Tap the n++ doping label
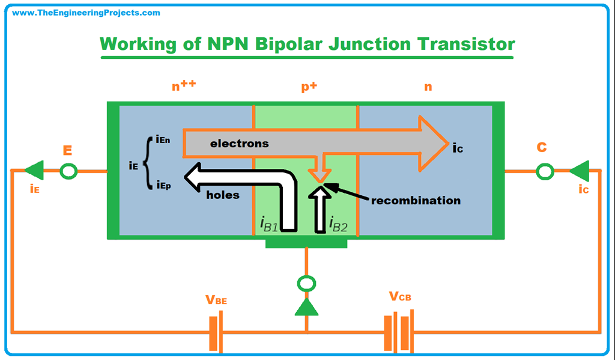[x=184, y=85]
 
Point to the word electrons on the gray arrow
[x=239, y=144]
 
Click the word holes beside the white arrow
[x=223, y=195]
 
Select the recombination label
[x=416, y=200]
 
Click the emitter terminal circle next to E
[x=69, y=171]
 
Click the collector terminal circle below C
[x=545, y=171]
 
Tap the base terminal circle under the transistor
[x=307, y=283]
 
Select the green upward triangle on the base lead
[x=307, y=307]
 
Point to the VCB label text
[x=400, y=296]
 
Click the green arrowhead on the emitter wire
[x=35, y=171]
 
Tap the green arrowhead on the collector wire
[x=579, y=171]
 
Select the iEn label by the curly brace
[x=163, y=140]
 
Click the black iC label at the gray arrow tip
[x=459, y=147]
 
